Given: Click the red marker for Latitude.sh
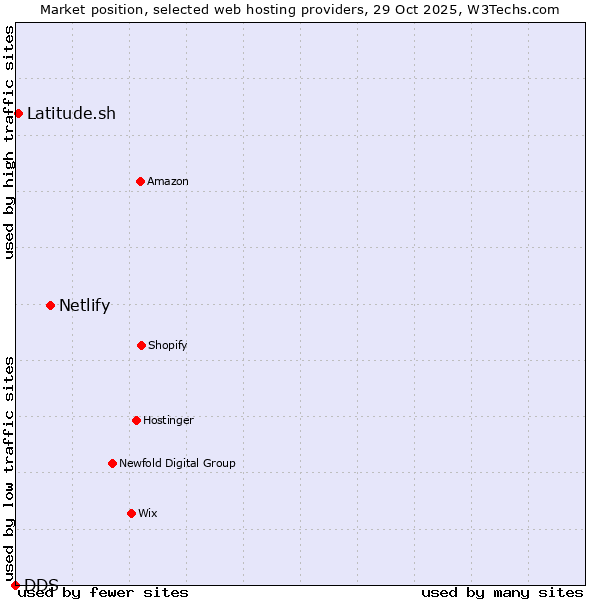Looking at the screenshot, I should coord(18,113).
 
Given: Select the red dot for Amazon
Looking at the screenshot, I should coord(140,181).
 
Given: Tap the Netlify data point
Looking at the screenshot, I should coord(50,305).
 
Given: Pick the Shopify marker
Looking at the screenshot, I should coord(141,345).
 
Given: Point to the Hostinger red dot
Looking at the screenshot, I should coord(136,420).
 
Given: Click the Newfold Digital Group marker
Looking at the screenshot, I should coord(112,463).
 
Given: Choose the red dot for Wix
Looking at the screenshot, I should coord(131,513).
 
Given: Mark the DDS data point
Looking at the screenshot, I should coord(15,585).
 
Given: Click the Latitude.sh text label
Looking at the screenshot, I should coord(71,113).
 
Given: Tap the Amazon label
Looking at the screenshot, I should coord(168,181).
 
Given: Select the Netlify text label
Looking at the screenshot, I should coord(84,305).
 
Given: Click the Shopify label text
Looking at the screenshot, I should coord(168,345).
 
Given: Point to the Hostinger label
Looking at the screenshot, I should coord(168,420).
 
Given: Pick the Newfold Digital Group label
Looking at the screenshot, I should coord(177,463).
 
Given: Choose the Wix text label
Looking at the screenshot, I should coord(148,513).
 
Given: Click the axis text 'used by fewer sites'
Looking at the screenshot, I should coord(104,592).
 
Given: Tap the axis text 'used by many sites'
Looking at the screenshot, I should coord(502,592).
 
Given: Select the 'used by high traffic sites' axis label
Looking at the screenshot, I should coord(9,142).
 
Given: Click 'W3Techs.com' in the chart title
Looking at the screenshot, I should coord(509,9).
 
